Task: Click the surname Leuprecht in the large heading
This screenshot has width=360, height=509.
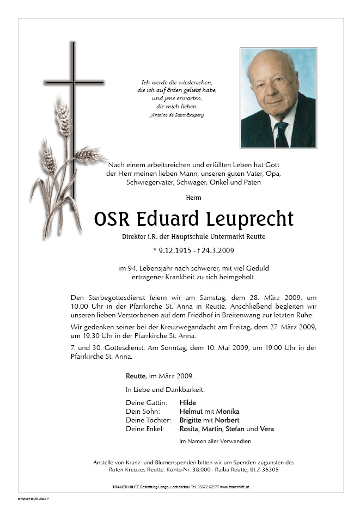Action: click(250, 219)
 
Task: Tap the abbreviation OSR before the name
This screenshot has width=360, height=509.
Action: click(111, 219)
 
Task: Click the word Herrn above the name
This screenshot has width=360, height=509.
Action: click(193, 198)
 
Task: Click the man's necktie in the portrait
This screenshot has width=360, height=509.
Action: click(281, 133)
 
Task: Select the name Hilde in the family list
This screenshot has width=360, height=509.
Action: click(188, 403)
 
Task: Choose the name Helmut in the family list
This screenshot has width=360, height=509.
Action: click(191, 412)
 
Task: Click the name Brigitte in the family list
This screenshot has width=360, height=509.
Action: click(193, 420)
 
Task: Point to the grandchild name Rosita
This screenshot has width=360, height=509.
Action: click(190, 429)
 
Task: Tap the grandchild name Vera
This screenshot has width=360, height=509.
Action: click(267, 429)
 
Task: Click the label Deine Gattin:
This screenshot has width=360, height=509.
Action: click(145, 403)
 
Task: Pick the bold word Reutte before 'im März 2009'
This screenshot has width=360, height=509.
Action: click(136, 376)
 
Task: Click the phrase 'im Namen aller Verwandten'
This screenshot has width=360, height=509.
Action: click(215, 441)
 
